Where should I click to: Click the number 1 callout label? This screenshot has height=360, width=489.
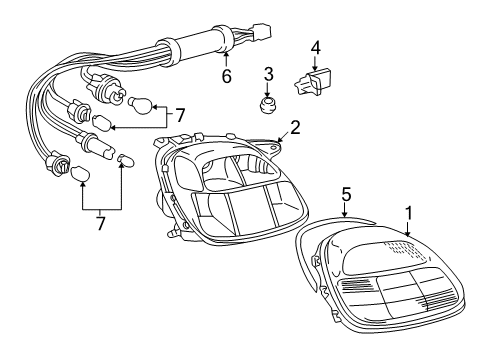(408, 213)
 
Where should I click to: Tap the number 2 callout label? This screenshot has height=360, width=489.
(295, 127)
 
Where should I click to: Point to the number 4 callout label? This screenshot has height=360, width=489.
(316, 46)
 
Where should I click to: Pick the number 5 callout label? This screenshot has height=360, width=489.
(345, 195)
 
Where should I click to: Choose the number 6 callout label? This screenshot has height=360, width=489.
(226, 75)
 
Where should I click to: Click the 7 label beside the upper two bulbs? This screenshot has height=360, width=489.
(180, 115)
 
